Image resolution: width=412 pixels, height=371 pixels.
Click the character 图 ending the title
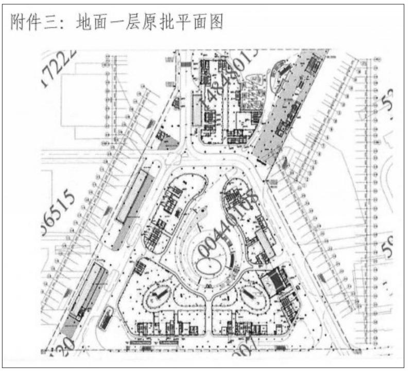pos(215,22)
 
